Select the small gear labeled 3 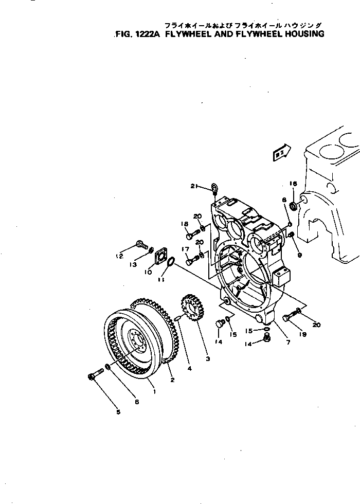tap(191, 308)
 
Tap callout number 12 tap(119, 256)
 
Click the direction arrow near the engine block tap(282, 153)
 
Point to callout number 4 tap(189, 368)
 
